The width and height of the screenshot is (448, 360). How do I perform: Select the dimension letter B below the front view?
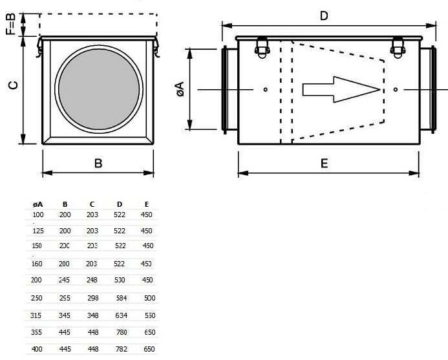[98, 164]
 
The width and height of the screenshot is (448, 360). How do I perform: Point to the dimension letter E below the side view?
[324, 164]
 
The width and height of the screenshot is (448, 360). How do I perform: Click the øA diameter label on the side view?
[180, 89]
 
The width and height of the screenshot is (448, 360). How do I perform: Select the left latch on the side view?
[262, 47]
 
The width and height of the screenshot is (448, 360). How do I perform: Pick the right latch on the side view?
[398, 47]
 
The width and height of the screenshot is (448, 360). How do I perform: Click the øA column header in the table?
[37, 204]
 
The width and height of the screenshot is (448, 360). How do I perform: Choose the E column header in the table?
[147, 204]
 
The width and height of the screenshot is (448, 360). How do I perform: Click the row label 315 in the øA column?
[37, 315]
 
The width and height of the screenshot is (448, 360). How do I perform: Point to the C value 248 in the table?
[92, 280]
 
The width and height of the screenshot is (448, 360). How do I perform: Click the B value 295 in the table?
[65, 298]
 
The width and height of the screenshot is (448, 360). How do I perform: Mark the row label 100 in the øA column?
[37, 214]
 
